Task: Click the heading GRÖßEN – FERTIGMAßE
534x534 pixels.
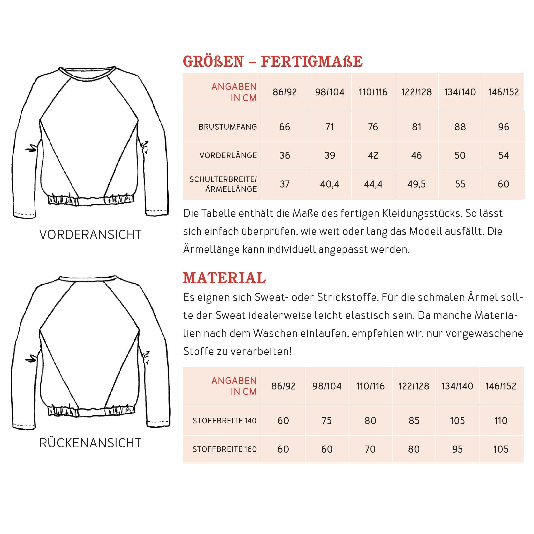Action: (x=272, y=61)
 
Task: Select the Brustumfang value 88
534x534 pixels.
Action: (x=460, y=127)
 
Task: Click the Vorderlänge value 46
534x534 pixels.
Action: (x=416, y=155)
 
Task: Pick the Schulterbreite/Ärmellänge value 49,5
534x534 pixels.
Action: (x=416, y=184)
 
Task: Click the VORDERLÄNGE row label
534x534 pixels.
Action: (x=228, y=155)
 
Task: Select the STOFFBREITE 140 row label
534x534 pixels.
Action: (x=225, y=421)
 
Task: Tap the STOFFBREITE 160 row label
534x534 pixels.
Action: (x=225, y=449)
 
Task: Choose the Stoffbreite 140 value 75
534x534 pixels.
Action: (x=327, y=421)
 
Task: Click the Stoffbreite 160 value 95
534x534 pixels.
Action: (x=457, y=449)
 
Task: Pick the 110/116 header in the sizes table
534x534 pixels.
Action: (x=373, y=92)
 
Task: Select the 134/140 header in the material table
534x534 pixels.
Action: (x=457, y=386)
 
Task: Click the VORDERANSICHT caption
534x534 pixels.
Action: (x=90, y=235)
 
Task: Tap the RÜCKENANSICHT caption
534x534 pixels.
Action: (x=90, y=443)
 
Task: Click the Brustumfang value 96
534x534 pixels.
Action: (x=503, y=127)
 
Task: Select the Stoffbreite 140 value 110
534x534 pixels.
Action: (x=501, y=421)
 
